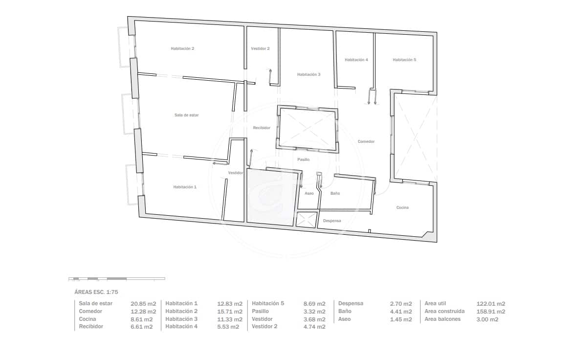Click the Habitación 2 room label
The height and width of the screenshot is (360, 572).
(182, 48)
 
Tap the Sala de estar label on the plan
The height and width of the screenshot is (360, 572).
(186, 115)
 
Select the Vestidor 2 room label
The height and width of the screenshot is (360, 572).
(260, 48)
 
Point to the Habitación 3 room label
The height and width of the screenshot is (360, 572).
(308, 74)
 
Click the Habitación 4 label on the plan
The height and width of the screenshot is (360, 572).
(356, 60)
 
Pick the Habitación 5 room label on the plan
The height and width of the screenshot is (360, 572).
(404, 60)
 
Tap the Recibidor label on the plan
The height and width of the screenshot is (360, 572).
(262, 128)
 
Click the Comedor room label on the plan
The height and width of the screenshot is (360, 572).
(366, 141)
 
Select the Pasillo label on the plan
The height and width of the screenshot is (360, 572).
(303, 159)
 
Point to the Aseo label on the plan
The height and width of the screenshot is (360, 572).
(309, 193)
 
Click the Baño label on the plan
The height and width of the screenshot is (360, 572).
(335, 193)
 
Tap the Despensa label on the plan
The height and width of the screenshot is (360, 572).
(332, 221)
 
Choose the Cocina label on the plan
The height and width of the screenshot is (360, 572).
(402, 207)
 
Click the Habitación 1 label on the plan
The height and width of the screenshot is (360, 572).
(185, 187)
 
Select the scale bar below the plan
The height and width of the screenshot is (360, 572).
(117, 279)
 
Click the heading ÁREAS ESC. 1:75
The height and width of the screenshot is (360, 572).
(96, 292)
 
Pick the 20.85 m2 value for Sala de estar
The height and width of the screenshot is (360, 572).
(143, 304)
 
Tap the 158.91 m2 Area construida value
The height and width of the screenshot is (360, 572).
(491, 312)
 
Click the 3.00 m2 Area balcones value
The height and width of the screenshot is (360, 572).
(487, 319)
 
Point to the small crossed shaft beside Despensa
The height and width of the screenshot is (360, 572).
(306, 220)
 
